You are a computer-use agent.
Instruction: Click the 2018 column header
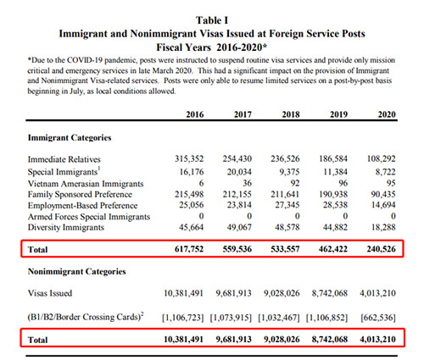click(x=291, y=114)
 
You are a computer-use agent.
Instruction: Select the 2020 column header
click(x=387, y=114)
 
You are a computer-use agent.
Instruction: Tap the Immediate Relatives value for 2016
click(x=189, y=158)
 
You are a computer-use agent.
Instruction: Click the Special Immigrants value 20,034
click(x=239, y=172)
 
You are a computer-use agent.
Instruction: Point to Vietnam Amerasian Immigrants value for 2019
click(x=343, y=183)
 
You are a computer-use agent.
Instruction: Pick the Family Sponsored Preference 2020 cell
click(x=383, y=194)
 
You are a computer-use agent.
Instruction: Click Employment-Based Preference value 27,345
click(x=287, y=205)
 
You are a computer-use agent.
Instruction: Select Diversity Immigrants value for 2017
click(x=239, y=227)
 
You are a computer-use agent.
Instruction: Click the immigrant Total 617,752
click(x=189, y=249)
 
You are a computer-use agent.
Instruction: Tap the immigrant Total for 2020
click(x=381, y=249)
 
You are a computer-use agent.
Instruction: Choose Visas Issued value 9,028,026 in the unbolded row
click(x=282, y=293)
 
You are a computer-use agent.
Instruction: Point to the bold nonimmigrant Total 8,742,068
click(x=330, y=339)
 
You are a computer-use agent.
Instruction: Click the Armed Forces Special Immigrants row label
click(x=89, y=217)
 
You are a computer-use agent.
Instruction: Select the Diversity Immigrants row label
click(x=66, y=228)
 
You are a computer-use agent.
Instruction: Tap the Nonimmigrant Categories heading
click(x=76, y=272)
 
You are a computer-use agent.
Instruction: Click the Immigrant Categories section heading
click(x=70, y=138)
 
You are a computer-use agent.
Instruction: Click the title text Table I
click(x=212, y=20)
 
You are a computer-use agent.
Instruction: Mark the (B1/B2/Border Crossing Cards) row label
click(x=86, y=317)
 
